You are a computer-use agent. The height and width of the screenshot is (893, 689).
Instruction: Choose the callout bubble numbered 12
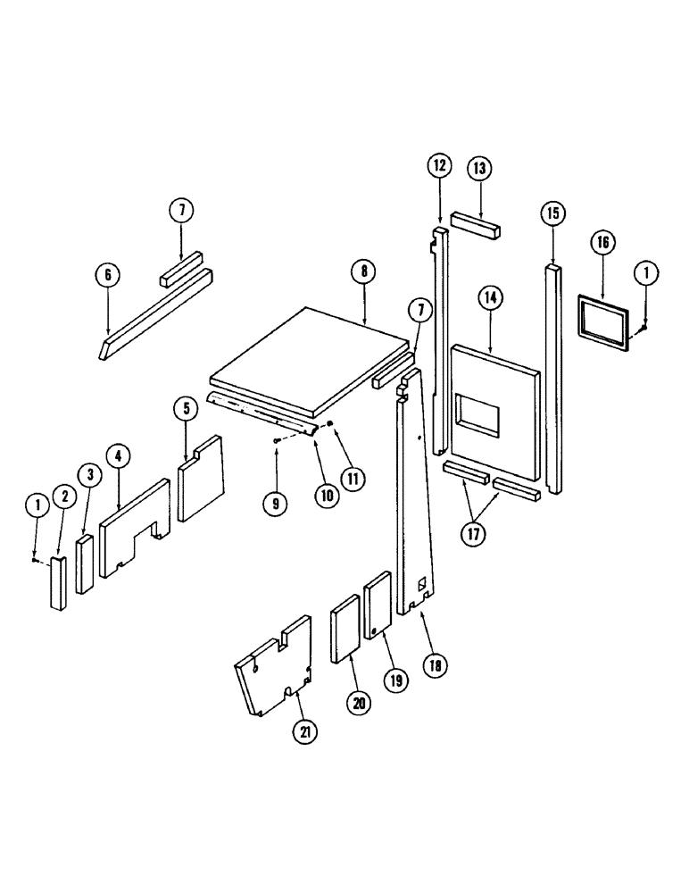pyautogui.click(x=440, y=166)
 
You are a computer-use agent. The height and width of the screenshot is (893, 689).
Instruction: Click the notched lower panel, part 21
pyautogui.click(x=272, y=665)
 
